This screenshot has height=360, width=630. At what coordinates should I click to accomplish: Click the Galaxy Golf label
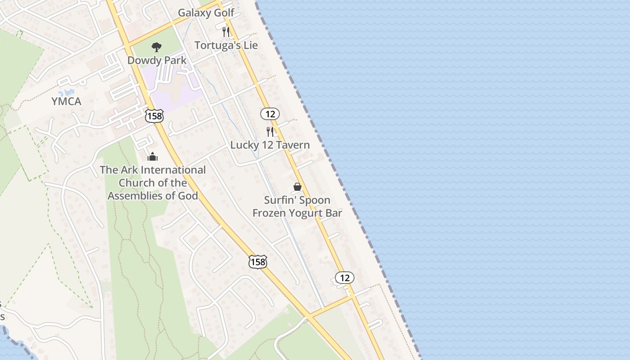[x=206, y=13]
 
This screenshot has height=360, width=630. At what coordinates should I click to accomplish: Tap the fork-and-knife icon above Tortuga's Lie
[x=226, y=32]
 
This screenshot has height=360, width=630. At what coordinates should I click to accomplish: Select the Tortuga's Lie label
[x=226, y=45]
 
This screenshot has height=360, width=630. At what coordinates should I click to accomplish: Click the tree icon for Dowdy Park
[x=157, y=47]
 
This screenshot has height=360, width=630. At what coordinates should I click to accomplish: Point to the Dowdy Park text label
[x=157, y=60]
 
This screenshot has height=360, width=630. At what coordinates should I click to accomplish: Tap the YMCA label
[x=67, y=102]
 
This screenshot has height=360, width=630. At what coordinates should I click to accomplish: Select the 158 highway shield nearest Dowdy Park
[x=154, y=116]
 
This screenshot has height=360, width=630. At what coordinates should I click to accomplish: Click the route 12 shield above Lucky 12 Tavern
[x=270, y=114]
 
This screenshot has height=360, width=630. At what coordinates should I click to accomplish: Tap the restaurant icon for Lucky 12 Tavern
[x=270, y=131]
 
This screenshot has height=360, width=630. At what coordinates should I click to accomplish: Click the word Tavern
[x=293, y=145]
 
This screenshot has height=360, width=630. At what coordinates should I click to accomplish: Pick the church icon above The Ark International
[x=153, y=157]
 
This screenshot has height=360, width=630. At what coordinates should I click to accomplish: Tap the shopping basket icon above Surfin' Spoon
[x=297, y=186]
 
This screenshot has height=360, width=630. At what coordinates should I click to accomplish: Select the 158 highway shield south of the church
[x=258, y=262]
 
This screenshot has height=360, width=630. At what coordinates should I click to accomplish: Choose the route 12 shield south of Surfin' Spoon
[x=345, y=278]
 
